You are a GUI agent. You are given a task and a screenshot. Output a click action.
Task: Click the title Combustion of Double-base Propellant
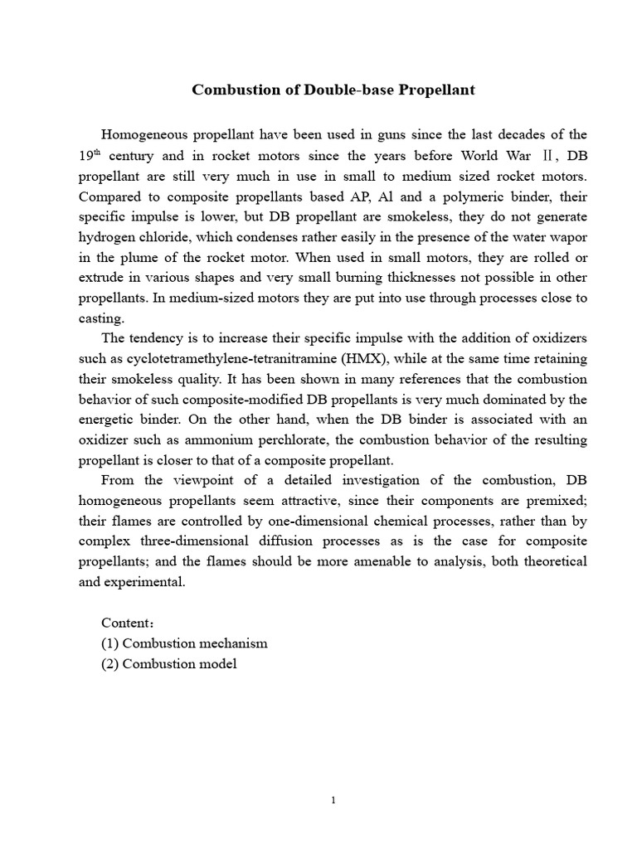[333, 90]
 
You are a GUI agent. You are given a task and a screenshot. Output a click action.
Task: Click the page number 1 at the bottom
[333, 801]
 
